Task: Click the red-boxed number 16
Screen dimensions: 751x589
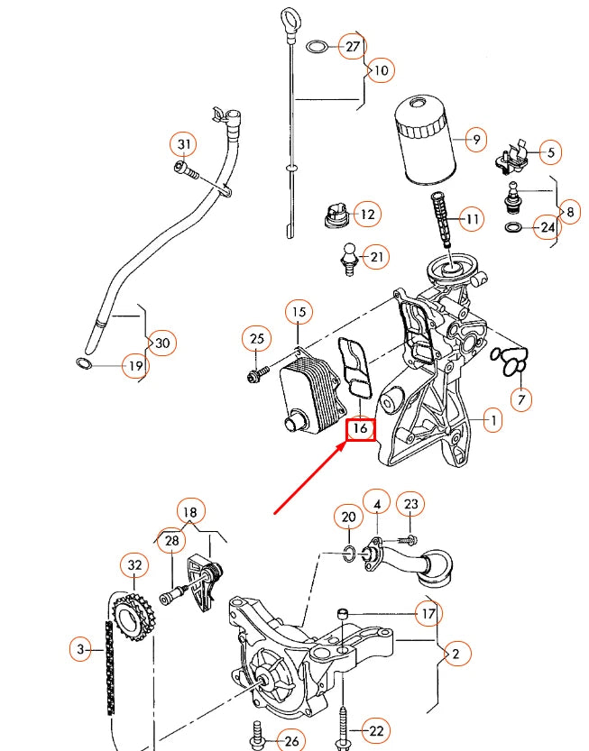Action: point(360,428)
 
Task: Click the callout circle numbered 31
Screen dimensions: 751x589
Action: point(184,144)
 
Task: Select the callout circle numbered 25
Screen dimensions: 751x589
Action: point(257,339)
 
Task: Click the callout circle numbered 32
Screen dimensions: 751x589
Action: point(134,565)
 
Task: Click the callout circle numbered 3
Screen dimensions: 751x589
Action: point(81,647)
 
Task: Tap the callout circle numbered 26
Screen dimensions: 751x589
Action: point(289,740)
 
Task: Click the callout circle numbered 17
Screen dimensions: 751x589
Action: point(428,614)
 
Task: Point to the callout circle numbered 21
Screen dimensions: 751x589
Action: point(378,258)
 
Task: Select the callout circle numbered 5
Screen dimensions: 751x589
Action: point(549,152)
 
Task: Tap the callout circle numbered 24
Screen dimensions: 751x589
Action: point(547,227)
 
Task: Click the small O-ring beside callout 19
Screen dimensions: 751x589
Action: point(81,365)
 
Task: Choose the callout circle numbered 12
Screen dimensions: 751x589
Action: point(367,215)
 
